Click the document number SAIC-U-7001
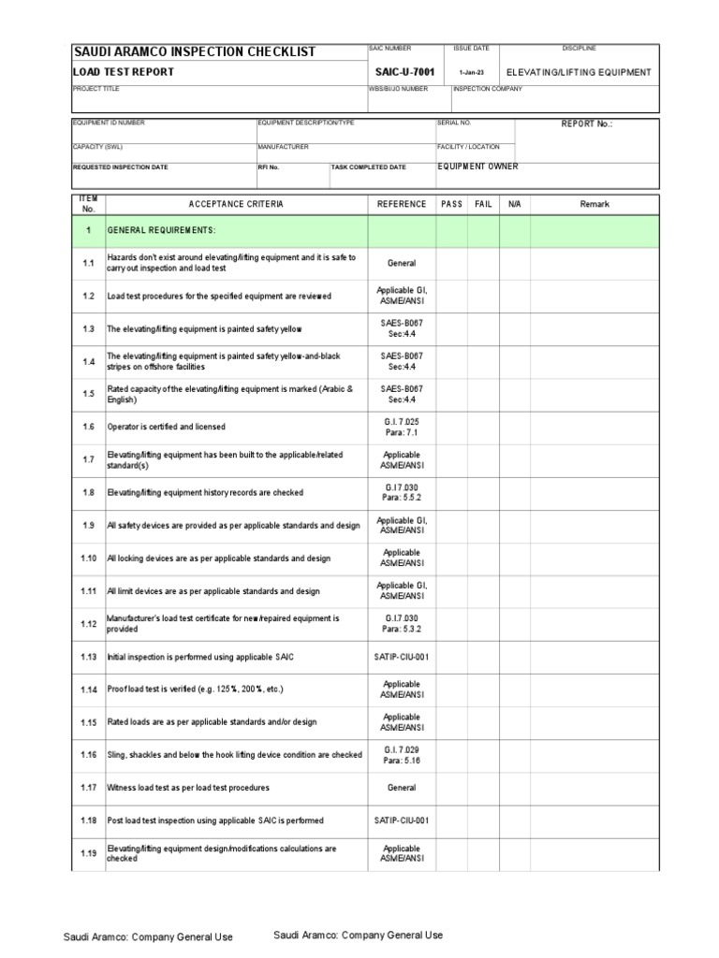[404, 72]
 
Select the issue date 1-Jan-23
[473, 73]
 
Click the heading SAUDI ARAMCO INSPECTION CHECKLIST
[195, 52]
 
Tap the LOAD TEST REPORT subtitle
[124, 72]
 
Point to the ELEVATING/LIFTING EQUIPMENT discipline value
[578, 72]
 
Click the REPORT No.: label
[585, 123]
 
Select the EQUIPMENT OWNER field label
[477, 167]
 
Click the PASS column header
[451, 204]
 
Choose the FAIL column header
[483, 204]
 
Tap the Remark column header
[594, 204]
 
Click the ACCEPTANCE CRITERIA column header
[236, 204]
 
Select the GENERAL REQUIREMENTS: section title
[161, 230]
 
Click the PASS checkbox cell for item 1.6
[451, 427]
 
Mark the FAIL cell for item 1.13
[483, 657]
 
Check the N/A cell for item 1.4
[515, 361]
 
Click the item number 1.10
[88, 559]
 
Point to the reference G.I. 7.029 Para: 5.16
[402, 755]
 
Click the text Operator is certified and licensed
[166, 427]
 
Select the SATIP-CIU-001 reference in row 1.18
[402, 820]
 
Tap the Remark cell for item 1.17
[594, 788]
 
